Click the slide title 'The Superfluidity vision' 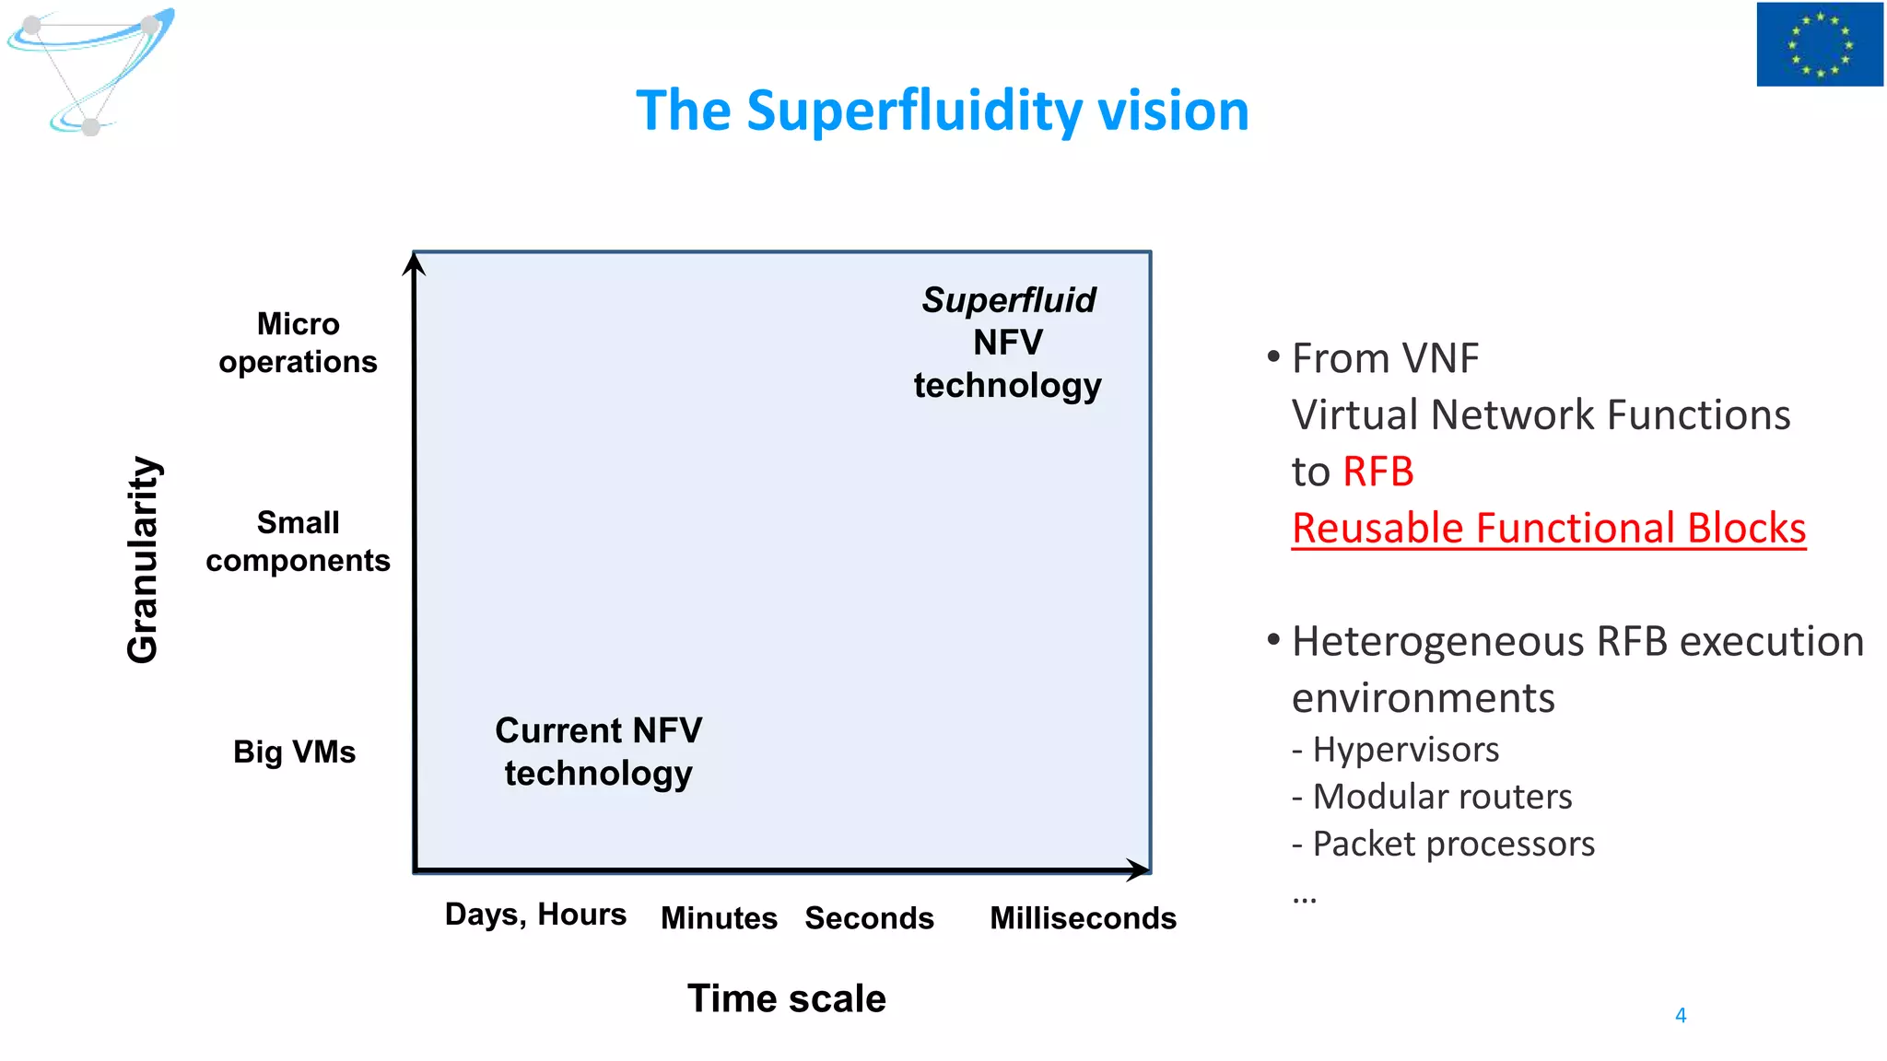942,111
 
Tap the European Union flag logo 1819,44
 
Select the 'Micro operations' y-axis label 298,343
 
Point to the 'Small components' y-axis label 298,542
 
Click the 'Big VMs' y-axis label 294,752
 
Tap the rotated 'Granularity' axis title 143,559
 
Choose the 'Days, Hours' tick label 535,915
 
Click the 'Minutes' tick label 719,918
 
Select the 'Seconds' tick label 869,918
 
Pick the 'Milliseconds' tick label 1083,918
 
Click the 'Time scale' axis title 786,998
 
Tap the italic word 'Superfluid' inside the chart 1009,300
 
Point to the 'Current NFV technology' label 598,752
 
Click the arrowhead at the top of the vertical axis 415,264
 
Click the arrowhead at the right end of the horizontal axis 1139,869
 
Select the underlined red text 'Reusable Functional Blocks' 1548,529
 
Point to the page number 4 1680,1015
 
